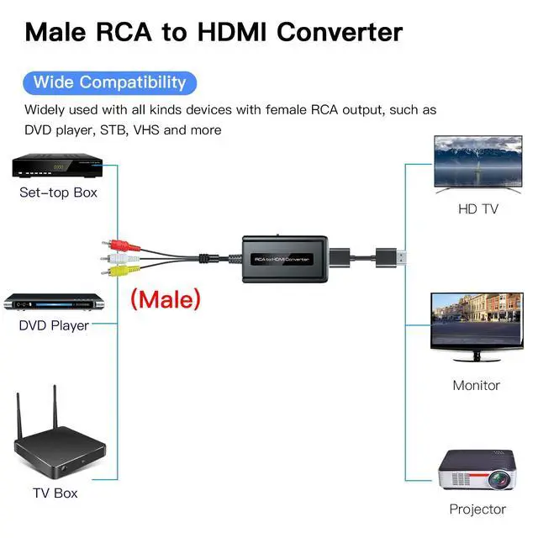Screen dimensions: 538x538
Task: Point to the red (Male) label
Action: pos(165,298)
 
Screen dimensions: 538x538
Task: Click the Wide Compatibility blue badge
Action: pos(110,82)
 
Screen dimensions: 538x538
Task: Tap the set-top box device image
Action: pos(54,166)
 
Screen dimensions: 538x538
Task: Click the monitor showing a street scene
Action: pos(476,327)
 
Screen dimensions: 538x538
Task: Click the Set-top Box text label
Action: pos(58,193)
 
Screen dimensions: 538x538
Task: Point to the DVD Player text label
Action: pos(54,325)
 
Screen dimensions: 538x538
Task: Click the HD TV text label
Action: pos(477,208)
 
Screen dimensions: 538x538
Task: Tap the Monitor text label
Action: pos(476,385)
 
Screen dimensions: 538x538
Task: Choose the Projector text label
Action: pos(477,509)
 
